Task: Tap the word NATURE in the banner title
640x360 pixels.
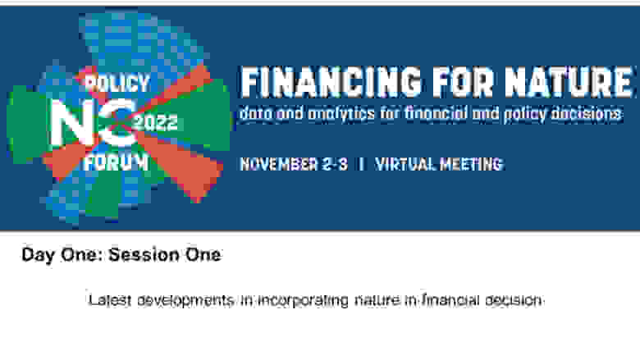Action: pyautogui.click(x=569, y=82)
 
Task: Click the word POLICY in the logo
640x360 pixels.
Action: pyautogui.click(x=117, y=84)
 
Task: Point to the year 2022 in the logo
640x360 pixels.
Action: pyautogui.click(x=157, y=123)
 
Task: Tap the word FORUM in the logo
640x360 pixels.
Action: pyautogui.click(x=117, y=163)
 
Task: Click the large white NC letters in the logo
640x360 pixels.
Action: pyautogui.click(x=93, y=122)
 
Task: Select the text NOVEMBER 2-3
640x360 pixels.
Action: pyautogui.click(x=294, y=164)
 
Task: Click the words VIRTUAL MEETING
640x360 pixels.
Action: pyautogui.click(x=439, y=164)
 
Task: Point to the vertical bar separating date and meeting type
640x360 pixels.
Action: pyautogui.click(x=361, y=164)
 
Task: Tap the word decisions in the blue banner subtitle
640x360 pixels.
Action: pyautogui.click(x=587, y=113)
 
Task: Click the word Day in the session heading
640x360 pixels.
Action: pyautogui.click(x=38, y=255)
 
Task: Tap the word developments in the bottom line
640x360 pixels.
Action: pyautogui.click(x=185, y=301)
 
